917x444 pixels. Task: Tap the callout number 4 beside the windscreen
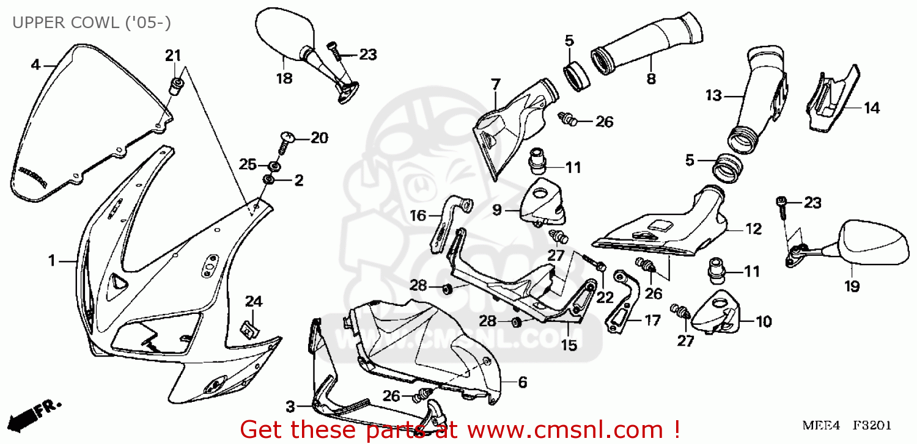click(x=35, y=65)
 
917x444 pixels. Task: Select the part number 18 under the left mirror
click(x=284, y=78)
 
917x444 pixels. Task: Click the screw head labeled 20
click(x=287, y=138)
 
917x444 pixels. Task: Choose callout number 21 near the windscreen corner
click(x=173, y=56)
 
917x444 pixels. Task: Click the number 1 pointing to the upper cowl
click(x=53, y=261)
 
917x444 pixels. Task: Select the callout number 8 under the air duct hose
click(x=651, y=78)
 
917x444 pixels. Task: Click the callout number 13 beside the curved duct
click(x=713, y=96)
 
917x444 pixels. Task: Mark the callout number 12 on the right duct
click(x=753, y=229)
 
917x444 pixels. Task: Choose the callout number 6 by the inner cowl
click(x=523, y=383)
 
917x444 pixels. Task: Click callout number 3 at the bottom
click(x=291, y=406)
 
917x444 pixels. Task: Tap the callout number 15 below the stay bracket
click(x=569, y=346)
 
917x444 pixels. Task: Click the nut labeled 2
click(x=268, y=180)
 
